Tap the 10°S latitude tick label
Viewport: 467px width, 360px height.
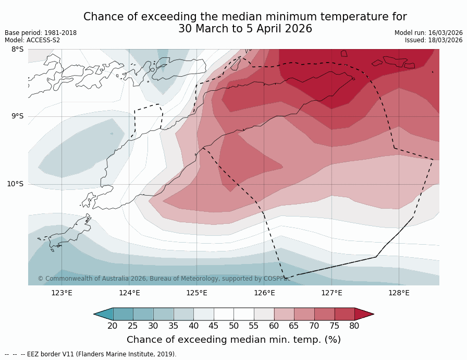point(15,184)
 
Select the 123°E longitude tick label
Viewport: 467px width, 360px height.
point(62,293)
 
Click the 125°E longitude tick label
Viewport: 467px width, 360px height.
point(196,293)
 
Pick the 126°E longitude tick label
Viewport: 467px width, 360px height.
point(264,293)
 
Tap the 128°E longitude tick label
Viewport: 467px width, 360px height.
point(399,293)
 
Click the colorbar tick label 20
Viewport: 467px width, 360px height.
point(113,326)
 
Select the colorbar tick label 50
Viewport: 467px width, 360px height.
point(233,326)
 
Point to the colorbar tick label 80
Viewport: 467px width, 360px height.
point(354,326)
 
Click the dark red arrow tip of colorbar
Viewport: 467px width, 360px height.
point(364,314)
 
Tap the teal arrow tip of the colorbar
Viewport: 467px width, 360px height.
point(103,314)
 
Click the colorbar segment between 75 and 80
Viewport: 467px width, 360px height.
point(345,314)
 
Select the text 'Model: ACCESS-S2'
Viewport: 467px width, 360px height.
point(32,40)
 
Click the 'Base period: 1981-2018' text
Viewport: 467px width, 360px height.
point(41,33)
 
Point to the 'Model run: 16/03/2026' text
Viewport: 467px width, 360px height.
point(428,33)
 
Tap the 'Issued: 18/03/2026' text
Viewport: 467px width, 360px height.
point(434,40)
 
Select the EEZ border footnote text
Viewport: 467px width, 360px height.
point(91,354)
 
